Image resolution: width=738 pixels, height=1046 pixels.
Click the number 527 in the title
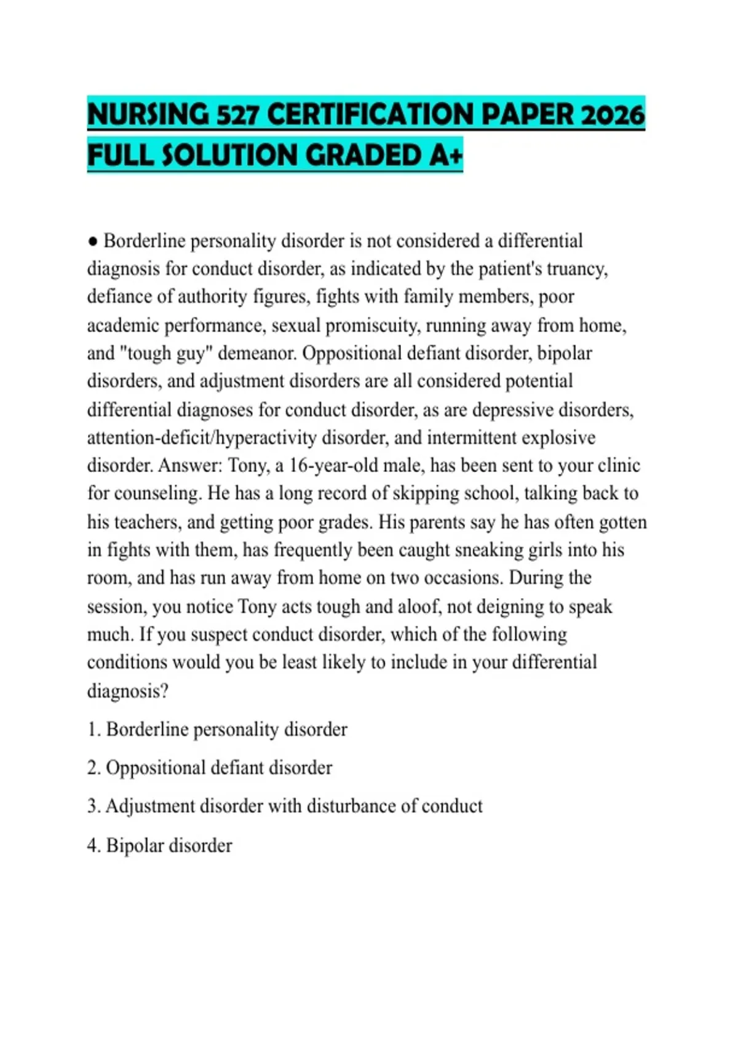point(237,115)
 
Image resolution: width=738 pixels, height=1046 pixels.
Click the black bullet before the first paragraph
point(93,241)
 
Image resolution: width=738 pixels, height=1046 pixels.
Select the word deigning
point(507,606)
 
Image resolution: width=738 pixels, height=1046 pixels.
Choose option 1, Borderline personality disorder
point(217,729)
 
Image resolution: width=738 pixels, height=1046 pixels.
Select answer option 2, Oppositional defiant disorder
point(210,768)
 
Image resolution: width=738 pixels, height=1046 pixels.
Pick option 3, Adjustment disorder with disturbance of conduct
point(285,806)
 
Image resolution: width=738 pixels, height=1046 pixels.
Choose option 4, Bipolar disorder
point(160,845)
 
